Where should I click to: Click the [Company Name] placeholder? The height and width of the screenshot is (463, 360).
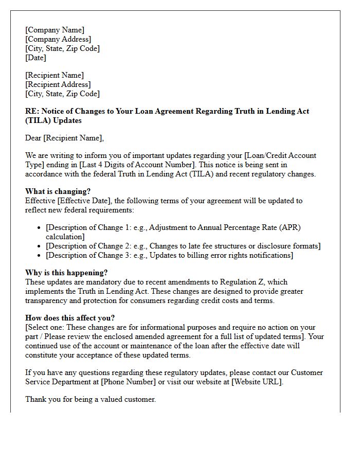point(55,30)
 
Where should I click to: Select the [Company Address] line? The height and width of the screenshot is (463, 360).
point(58,39)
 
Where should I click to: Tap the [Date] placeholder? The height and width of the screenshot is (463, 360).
point(35,58)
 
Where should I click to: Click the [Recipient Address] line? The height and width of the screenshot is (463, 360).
point(58,84)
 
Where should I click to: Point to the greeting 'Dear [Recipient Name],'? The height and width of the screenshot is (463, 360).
point(64,138)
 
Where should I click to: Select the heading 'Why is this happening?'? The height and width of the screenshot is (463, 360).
point(66,273)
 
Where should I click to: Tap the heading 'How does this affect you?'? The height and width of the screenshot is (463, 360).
point(70,318)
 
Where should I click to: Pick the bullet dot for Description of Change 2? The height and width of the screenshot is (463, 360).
point(40,246)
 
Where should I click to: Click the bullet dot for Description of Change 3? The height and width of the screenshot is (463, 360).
point(40,255)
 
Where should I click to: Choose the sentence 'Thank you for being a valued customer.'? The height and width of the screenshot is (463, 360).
point(91,399)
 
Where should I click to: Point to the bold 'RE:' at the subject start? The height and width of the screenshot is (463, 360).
point(32,111)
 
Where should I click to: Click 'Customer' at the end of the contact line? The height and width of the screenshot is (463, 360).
point(307,372)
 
